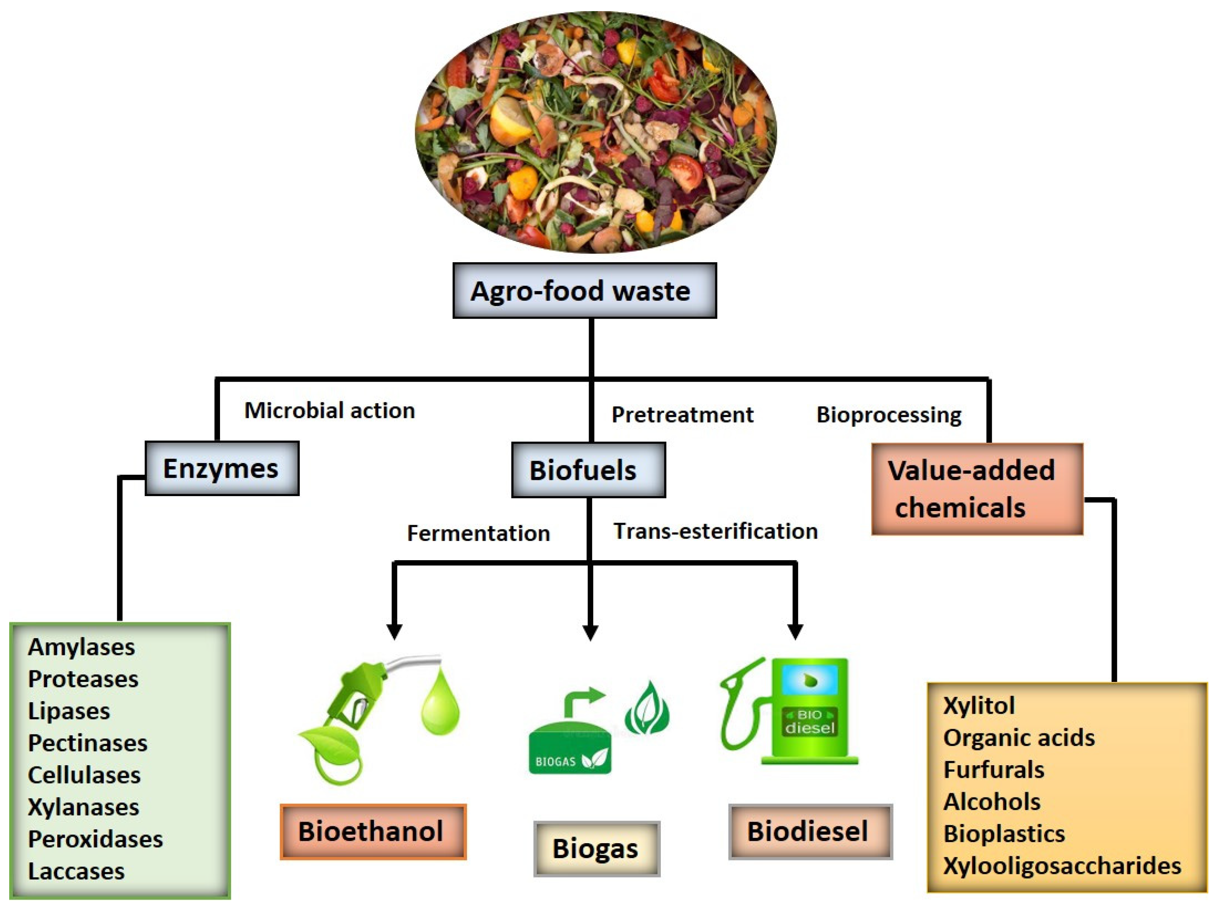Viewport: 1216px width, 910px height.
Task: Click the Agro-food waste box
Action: coord(584,290)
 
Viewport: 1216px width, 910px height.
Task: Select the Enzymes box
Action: coord(222,468)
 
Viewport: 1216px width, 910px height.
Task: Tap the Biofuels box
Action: coord(588,470)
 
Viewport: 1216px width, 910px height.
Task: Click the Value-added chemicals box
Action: coord(976,489)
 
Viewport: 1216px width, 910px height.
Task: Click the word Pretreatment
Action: coord(682,415)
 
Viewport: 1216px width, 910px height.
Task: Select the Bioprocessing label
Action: coord(888,415)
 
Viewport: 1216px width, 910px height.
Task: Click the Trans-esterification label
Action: coord(715,531)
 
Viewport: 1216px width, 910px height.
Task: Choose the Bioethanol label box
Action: coord(373,831)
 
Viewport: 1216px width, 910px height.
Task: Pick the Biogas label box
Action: coord(596,849)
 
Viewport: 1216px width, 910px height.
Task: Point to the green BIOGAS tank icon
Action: coord(569,751)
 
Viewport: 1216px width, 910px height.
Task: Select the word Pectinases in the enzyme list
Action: coord(88,743)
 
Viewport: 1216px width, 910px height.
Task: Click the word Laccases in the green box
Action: coord(76,871)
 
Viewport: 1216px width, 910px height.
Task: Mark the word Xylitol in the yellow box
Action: coord(978,705)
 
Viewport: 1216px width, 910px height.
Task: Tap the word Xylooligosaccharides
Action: coord(1062,865)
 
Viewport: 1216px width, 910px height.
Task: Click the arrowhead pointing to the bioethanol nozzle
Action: coord(394,631)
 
